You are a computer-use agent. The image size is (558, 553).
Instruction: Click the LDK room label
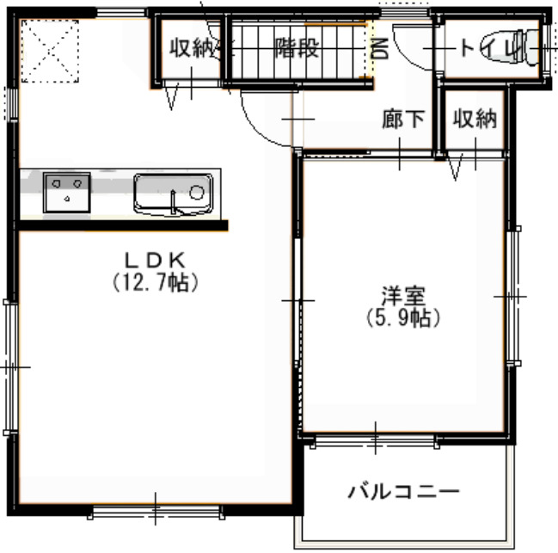point(155,260)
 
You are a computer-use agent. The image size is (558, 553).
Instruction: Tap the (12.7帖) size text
point(155,283)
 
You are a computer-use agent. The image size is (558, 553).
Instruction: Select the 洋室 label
point(403,296)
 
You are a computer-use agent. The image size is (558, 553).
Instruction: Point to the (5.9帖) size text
point(403,317)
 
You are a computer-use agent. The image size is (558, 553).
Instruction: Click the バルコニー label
point(403,491)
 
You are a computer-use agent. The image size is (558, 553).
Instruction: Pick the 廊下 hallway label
point(403,119)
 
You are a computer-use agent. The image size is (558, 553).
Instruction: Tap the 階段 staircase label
point(297,47)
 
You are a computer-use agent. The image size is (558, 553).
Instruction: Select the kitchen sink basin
point(174,194)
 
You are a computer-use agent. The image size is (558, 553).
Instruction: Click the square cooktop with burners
point(66,193)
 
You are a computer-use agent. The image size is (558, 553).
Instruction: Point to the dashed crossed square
point(50,52)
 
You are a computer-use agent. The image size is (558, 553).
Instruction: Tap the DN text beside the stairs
point(379,49)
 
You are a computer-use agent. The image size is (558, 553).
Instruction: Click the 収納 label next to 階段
point(192,47)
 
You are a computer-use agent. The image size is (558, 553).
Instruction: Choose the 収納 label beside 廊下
point(475,119)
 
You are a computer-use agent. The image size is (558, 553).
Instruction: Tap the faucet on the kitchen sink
point(174,202)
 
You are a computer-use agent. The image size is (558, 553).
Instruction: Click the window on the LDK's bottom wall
point(156,512)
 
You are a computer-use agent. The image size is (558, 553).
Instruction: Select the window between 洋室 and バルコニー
point(375,440)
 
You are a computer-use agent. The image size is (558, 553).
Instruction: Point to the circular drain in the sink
point(196,193)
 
